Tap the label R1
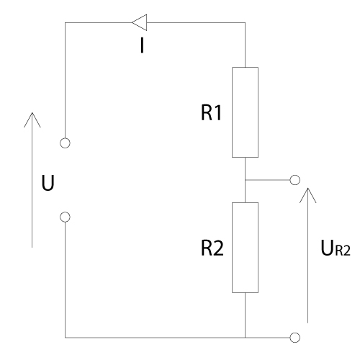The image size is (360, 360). [x=211, y=112]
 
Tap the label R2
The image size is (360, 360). [x=212, y=248]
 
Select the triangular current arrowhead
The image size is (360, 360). [x=140, y=22]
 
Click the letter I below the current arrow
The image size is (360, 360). [x=142, y=46]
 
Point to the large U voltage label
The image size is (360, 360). [x=48, y=183]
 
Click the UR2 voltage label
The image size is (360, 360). [x=336, y=248]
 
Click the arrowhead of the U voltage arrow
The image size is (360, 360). [x=32, y=113]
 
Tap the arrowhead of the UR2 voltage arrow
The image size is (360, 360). [x=307, y=189]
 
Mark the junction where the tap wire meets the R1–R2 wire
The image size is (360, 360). [x=245, y=180]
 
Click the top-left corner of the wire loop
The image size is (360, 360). [x=65, y=23]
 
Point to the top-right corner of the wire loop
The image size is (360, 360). [x=245, y=23]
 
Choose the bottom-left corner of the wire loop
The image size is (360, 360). [x=65, y=338]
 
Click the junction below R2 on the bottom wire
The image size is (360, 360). [x=245, y=338]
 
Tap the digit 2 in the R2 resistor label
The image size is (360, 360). [x=218, y=248]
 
